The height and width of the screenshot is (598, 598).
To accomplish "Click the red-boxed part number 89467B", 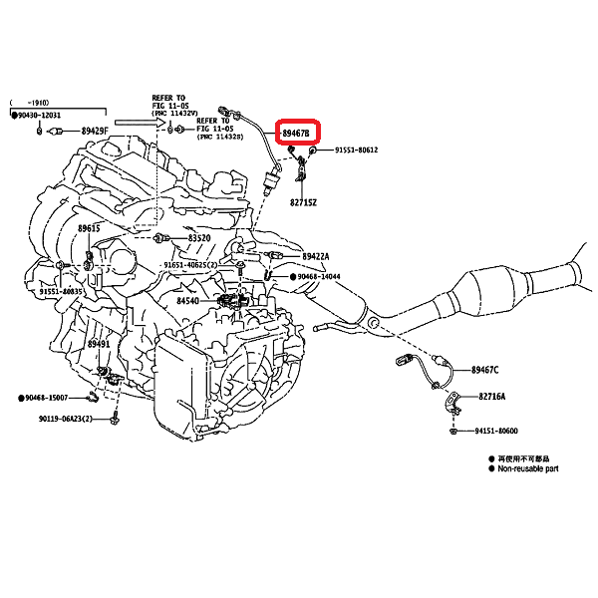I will [296, 132].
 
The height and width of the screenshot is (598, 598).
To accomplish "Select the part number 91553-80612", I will [356, 150].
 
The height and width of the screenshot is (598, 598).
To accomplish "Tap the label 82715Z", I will [303, 201].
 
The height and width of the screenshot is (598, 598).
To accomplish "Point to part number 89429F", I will [96, 131].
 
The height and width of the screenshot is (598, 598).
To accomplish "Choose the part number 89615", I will [89, 228].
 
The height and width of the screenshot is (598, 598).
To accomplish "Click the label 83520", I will [199, 238].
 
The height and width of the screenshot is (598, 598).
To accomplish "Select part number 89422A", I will [316, 256].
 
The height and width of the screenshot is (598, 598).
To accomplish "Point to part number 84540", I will [189, 300].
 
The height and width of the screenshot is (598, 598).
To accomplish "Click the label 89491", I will [98, 344].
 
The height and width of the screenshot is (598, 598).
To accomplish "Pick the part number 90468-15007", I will [49, 398].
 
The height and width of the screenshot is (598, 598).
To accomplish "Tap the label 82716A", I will [492, 396].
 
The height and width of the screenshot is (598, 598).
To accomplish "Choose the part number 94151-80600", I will [496, 432].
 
